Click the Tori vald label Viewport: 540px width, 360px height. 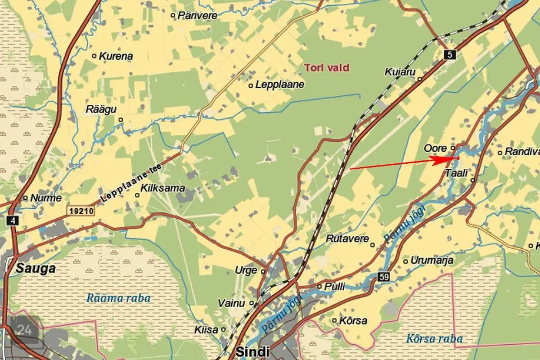(327, 67)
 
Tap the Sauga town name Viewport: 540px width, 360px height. (36, 268)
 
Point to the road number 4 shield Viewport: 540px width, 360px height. (12, 220)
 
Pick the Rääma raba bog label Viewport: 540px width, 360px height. (119, 298)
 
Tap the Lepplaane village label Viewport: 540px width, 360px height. (280, 85)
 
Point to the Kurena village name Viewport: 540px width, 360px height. (116, 56)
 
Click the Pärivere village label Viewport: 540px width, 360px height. (197, 16)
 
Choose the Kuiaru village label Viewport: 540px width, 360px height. (400, 72)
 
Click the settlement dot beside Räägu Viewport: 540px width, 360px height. (120, 120)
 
